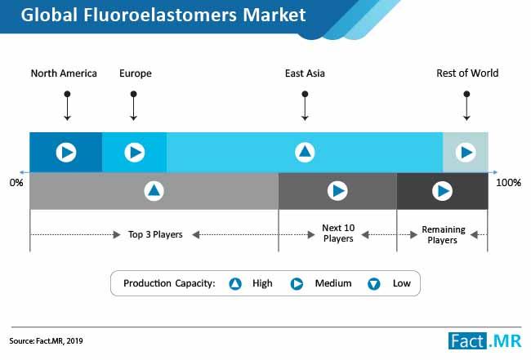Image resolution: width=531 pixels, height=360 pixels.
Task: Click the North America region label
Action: click(x=64, y=73)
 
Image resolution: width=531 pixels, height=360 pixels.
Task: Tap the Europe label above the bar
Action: click(x=136, y=73)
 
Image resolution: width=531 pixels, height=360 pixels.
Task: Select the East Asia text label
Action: click(x=305, y=73)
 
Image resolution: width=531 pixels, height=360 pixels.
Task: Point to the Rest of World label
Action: click(x=467, y=73)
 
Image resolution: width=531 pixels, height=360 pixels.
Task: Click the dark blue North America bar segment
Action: click(x=65, y=153)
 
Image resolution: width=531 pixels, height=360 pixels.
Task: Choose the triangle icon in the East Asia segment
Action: click(x=305, y=153)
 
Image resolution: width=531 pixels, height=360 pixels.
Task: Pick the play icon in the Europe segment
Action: click(x=135, y=153)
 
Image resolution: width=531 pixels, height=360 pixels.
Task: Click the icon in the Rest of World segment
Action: click(x=466, y=153)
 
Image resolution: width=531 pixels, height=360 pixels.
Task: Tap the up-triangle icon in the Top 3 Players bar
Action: click(x=154, y=191)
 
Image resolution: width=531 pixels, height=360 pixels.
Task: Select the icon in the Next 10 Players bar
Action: click(x=337, y=191)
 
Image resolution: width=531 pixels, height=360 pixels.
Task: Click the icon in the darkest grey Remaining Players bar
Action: click(x=442, y=191)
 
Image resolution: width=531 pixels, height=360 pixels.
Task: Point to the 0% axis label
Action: click(x=16, y=183)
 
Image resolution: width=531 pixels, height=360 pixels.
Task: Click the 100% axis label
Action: click(x=508, y=183)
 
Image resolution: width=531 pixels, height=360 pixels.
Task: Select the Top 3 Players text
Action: click(x=155, y=234)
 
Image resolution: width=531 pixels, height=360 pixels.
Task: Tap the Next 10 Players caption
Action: click(x=338, y=233)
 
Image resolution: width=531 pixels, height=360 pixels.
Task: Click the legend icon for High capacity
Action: click(x=235, y=283)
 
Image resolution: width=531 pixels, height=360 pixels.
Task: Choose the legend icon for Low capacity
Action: click(x=374, y=283)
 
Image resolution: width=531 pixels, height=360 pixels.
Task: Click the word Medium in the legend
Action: click(x=333, y=283)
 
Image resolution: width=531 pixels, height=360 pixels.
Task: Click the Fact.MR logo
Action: click(x=484, y=340)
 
